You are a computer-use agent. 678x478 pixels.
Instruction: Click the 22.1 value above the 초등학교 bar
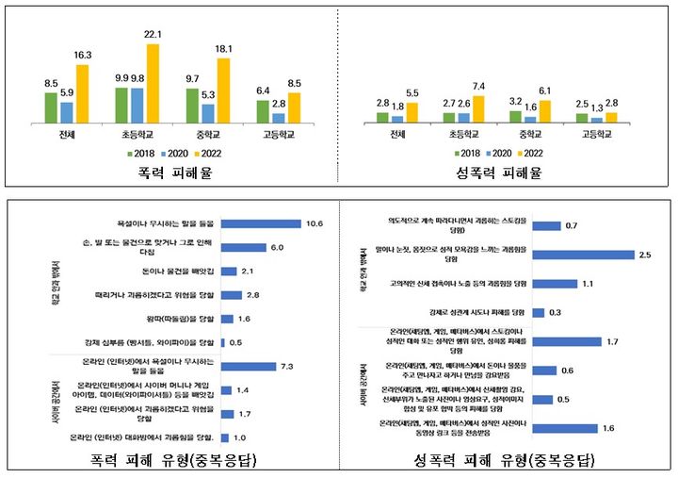153,35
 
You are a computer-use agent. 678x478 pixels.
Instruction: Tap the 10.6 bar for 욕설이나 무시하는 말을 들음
260,223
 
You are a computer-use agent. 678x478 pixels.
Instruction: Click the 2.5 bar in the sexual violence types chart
584,255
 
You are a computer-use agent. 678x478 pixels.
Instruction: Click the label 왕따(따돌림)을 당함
180,318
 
